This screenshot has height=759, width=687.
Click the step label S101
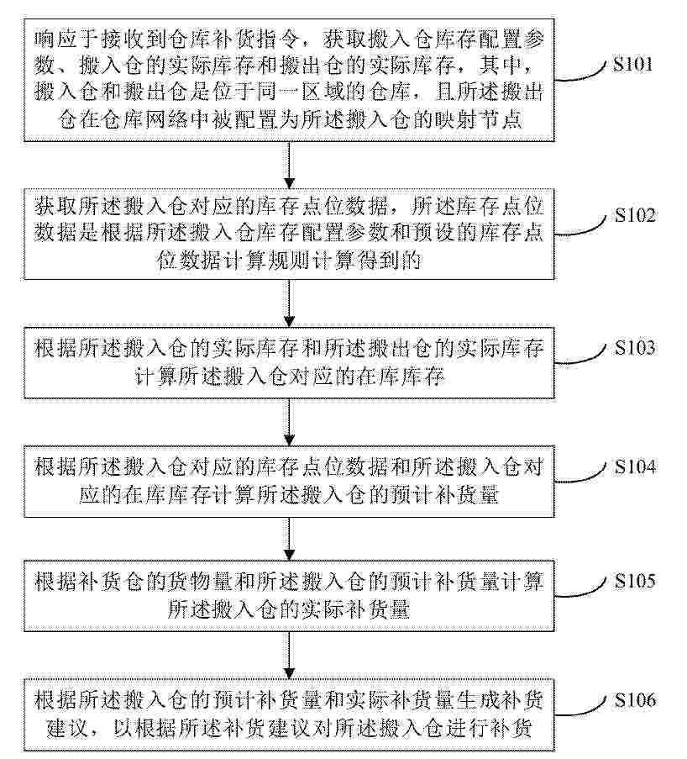click(632, 65)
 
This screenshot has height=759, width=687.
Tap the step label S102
click(635, 215)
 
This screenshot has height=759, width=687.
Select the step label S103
click(635, 347)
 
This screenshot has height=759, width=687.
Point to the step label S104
click(635, 466)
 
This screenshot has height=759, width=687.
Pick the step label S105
click(635, 580)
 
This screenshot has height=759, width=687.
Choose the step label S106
click(635, 700)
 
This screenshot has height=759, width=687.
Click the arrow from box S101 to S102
click(289, 165)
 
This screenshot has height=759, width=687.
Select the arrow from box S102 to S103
click(289, 303)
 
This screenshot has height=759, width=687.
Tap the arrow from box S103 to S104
click(289, 422)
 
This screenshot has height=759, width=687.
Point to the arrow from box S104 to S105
click(289, 539)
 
